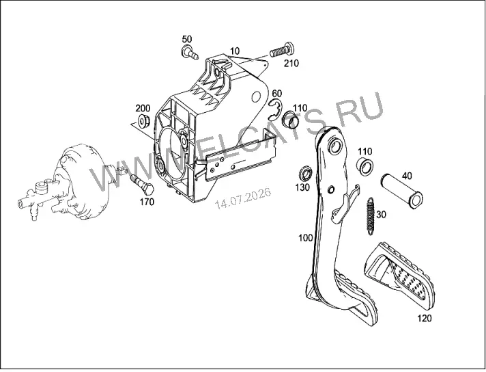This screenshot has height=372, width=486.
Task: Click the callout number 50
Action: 187,40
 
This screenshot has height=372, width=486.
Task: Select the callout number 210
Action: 291,64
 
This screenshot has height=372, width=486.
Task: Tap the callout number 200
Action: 143,108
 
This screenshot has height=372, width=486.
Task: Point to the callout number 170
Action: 147,202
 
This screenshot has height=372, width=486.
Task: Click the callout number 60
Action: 276,94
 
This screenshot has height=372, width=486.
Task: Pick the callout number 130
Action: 302,187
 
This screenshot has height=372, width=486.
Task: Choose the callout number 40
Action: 407,176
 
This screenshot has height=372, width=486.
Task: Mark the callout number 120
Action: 425,318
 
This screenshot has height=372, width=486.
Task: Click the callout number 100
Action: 306,238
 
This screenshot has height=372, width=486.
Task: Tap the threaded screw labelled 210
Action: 281,50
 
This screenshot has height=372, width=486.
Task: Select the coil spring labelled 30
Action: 371,216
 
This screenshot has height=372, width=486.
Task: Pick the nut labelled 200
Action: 143,121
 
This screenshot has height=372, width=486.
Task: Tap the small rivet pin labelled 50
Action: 189,52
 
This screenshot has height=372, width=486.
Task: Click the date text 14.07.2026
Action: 243,198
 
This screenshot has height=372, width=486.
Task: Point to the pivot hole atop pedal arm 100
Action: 335,146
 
